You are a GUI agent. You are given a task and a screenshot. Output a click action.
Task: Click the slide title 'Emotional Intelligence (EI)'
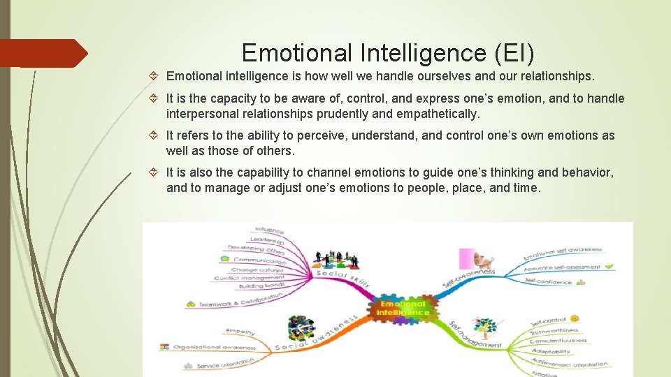click(x=387, y=53)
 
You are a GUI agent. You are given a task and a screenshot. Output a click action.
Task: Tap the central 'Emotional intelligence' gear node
click(x=403, y=308)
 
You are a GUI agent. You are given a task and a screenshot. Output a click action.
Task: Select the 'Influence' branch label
click(x=269, y=230)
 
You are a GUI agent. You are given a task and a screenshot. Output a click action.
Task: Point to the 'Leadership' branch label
click(x=266, y=239)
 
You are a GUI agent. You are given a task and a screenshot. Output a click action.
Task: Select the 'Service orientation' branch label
click(x=226, y=364)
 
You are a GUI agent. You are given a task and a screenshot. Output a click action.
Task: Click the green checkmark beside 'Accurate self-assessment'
click(x=608, y=266)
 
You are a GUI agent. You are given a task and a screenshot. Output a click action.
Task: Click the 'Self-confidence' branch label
click(x=548, y=281)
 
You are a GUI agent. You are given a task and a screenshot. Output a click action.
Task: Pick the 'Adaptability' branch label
click(x=551, y=351)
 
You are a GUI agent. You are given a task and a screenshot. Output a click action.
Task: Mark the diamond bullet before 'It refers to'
click(x=157, y=135)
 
